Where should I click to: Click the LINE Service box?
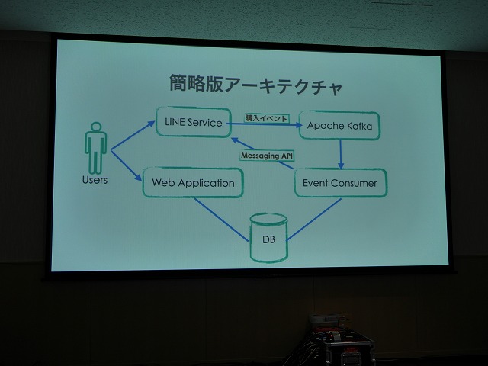(x=193, y=122)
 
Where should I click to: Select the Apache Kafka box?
(x=339, y=125)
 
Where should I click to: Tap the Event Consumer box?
(x=341, y=183)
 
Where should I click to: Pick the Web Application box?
(x=193, y=183)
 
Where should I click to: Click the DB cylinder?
(x=268, y=238)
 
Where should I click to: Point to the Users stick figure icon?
(x=96, y=147)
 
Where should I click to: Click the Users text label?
(x=95, y=180)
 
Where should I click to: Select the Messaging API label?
(x=267, y=156)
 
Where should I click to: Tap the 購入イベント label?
(x=266, y=118)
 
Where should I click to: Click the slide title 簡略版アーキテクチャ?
(x=256, y=84)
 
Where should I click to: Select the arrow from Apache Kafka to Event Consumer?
(x=341, y=154)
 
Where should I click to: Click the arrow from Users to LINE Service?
(x=133, y=136)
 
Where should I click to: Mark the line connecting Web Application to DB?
(x=222, y=220)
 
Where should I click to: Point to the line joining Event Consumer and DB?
(x=313, y=220)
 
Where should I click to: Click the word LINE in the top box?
(x=175, y=122)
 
